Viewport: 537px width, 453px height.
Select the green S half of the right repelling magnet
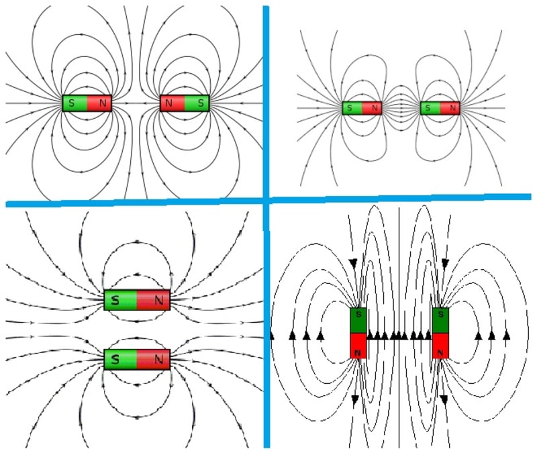coord(197,103)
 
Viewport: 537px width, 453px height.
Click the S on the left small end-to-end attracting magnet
coord(350,107)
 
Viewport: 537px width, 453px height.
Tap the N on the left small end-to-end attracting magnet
coord(373,107)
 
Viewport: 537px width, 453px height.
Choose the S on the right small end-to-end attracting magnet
coord(428,107)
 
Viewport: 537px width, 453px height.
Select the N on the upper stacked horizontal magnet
coord(158,301)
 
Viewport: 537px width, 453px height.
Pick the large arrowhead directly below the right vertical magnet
coord(444,399)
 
